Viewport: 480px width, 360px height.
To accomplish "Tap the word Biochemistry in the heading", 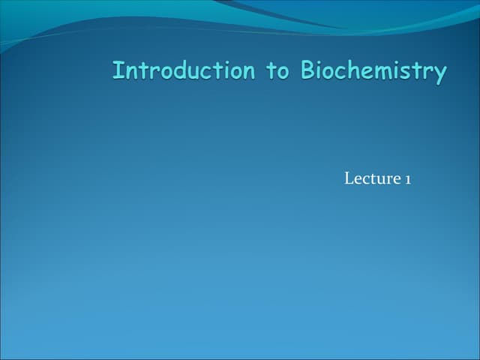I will point(373,72).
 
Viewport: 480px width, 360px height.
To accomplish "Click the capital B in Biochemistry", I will point(308,71).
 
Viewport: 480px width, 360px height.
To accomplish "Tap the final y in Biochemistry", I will point(440,74).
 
